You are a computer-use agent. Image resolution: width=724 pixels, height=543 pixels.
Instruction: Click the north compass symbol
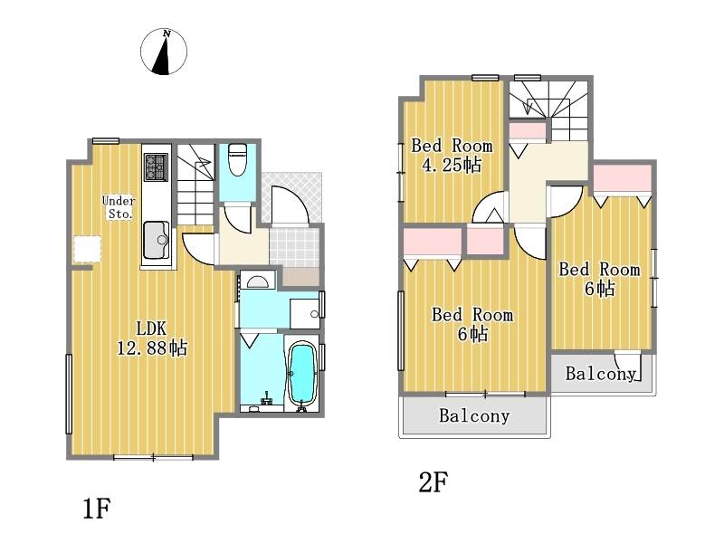click(164, 52)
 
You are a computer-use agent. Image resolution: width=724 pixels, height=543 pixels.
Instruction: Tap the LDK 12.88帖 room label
click(152, 338)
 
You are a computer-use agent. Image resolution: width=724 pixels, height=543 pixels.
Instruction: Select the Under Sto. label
click(119, 207)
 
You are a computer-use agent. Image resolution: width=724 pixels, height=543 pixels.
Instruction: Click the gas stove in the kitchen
click(155, 167)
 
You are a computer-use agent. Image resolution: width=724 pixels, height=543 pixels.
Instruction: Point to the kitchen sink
click(156, 240)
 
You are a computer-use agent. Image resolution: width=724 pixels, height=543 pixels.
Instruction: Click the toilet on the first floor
click(238, 160)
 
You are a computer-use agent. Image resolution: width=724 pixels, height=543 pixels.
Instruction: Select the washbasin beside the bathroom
click(257, 281)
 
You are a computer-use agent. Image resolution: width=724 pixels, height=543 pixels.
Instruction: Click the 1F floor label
click(97, 509)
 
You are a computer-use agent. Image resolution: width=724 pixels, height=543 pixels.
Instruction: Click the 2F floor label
click(433, 482)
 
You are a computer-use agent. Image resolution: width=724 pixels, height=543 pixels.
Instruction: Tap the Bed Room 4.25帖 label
click(452, 155)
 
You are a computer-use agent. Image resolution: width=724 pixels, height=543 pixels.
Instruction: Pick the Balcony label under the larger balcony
click(474, 415)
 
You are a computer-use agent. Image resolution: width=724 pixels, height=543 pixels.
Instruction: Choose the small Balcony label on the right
click(601, 374)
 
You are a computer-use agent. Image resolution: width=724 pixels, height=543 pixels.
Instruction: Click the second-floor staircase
click(549, 110)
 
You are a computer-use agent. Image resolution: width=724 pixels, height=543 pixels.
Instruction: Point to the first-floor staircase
click(196, 185)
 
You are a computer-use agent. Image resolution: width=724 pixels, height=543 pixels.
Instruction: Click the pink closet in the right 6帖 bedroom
click(622, 178)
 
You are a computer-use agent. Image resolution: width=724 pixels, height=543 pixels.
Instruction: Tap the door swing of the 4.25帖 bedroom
click(490, 207)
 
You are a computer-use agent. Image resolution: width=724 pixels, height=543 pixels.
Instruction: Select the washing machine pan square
click(304, 313)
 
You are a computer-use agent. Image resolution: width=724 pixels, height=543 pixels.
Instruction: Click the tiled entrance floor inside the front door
click(294, 247)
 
